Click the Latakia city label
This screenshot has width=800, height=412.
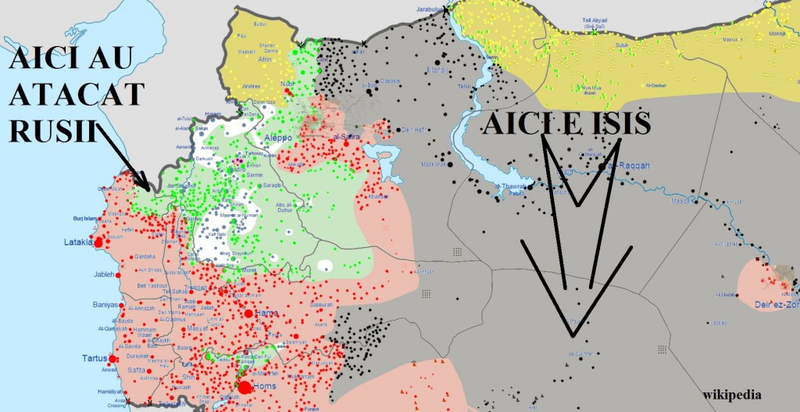[78, 242]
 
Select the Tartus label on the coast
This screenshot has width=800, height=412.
[95, 358]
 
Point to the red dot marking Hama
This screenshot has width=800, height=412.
[249, 313]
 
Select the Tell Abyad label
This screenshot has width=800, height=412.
[595, 22]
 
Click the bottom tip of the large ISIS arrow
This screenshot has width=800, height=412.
[573, 337]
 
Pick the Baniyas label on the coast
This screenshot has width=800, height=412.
[105, 305]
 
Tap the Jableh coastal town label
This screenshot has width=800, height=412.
[105, 274]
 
